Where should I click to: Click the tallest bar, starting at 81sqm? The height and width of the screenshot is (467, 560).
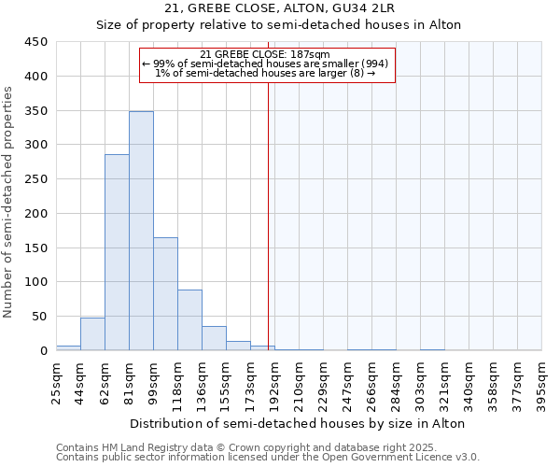(x=141, y=231)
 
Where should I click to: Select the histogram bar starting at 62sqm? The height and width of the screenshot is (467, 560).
(x=117, y=252)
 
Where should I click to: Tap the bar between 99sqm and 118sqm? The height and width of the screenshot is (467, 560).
(x=165, y=294)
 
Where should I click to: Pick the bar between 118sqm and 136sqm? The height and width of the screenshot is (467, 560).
(x=189, y=320)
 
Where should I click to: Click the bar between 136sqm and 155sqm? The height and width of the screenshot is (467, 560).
(x=214, y=338)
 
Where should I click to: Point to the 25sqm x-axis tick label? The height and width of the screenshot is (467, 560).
(x=61, y=381)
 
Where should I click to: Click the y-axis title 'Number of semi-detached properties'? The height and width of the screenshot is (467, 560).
(x=9, y=202)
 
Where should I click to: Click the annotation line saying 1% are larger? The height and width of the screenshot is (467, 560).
(x=266, y=73)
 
